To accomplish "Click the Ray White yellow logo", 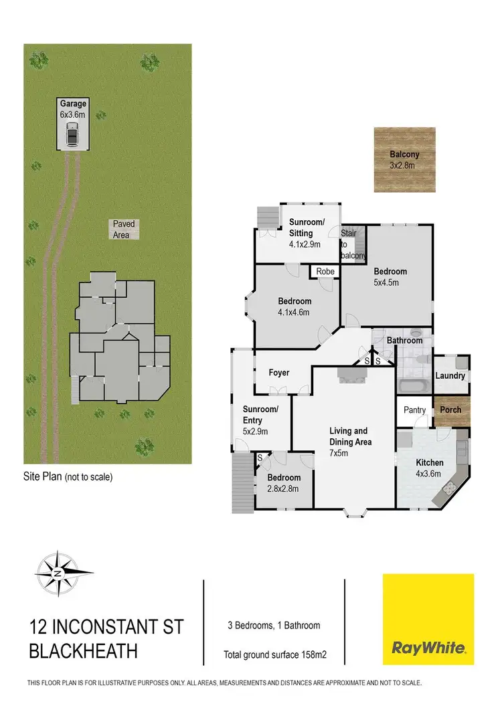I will coord(428,619).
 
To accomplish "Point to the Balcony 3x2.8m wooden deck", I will coord(404,159).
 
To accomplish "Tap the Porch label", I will coord(450,410).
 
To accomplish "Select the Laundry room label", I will coord(450,375).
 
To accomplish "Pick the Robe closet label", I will coord(325,272).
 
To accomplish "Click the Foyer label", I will coord(278,372).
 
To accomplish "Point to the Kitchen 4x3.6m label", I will coord(430,467).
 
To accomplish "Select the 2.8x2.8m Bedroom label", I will coord(282,483).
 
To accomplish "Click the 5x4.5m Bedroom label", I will coord(390,276).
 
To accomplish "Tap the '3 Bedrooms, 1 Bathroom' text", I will coord(273,626).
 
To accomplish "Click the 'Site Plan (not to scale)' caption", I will coord(68,477).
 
